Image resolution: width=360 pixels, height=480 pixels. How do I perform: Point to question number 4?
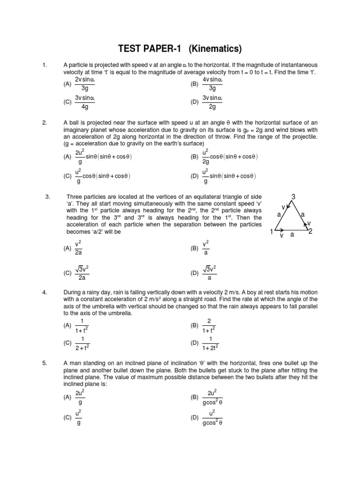point(45,292)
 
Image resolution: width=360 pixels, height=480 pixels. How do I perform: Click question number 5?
point(45,363)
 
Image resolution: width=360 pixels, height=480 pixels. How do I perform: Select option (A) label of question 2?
point(67,157)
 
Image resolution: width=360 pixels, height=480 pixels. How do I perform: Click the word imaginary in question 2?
point(78,130)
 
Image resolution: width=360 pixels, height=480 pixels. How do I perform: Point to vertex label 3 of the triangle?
point(293,197)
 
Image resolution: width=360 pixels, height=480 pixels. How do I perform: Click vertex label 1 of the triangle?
point(271,232)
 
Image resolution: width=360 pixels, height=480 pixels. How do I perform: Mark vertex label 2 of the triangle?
point(310,232)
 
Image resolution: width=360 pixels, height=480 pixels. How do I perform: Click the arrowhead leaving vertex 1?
point(280,231)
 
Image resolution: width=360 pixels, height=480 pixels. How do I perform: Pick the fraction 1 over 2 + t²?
point(82,343)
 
